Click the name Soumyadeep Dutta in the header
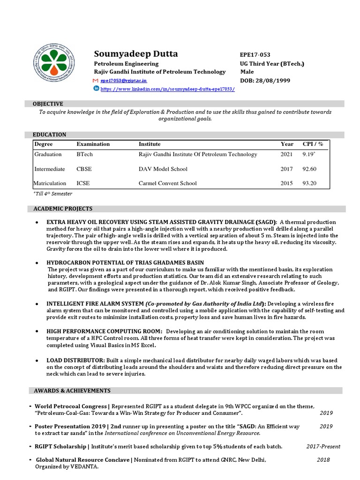click(x=136, y=54)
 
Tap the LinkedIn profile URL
click(x=167, y=89)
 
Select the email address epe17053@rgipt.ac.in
click(x=123, y=81)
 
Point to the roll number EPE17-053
click(x=255, y=55)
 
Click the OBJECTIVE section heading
click(x=47, y=104)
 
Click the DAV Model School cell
click(x=163, y=169)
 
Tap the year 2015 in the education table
click(x=286, y=183)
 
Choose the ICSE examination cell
click(x=83, y=183)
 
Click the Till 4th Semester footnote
click(x=52, y=193)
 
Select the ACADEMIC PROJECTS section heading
click(x=62, y=209)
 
